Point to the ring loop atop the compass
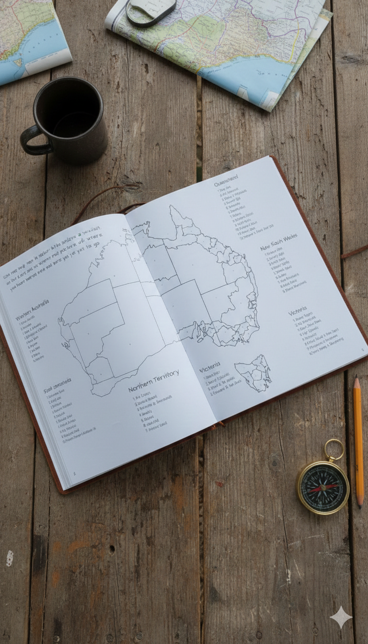coord(334,449)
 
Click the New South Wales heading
coord(278,241)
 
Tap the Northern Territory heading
coord(153,380)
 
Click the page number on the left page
coord(74,473)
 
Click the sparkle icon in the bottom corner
coord(341,617)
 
